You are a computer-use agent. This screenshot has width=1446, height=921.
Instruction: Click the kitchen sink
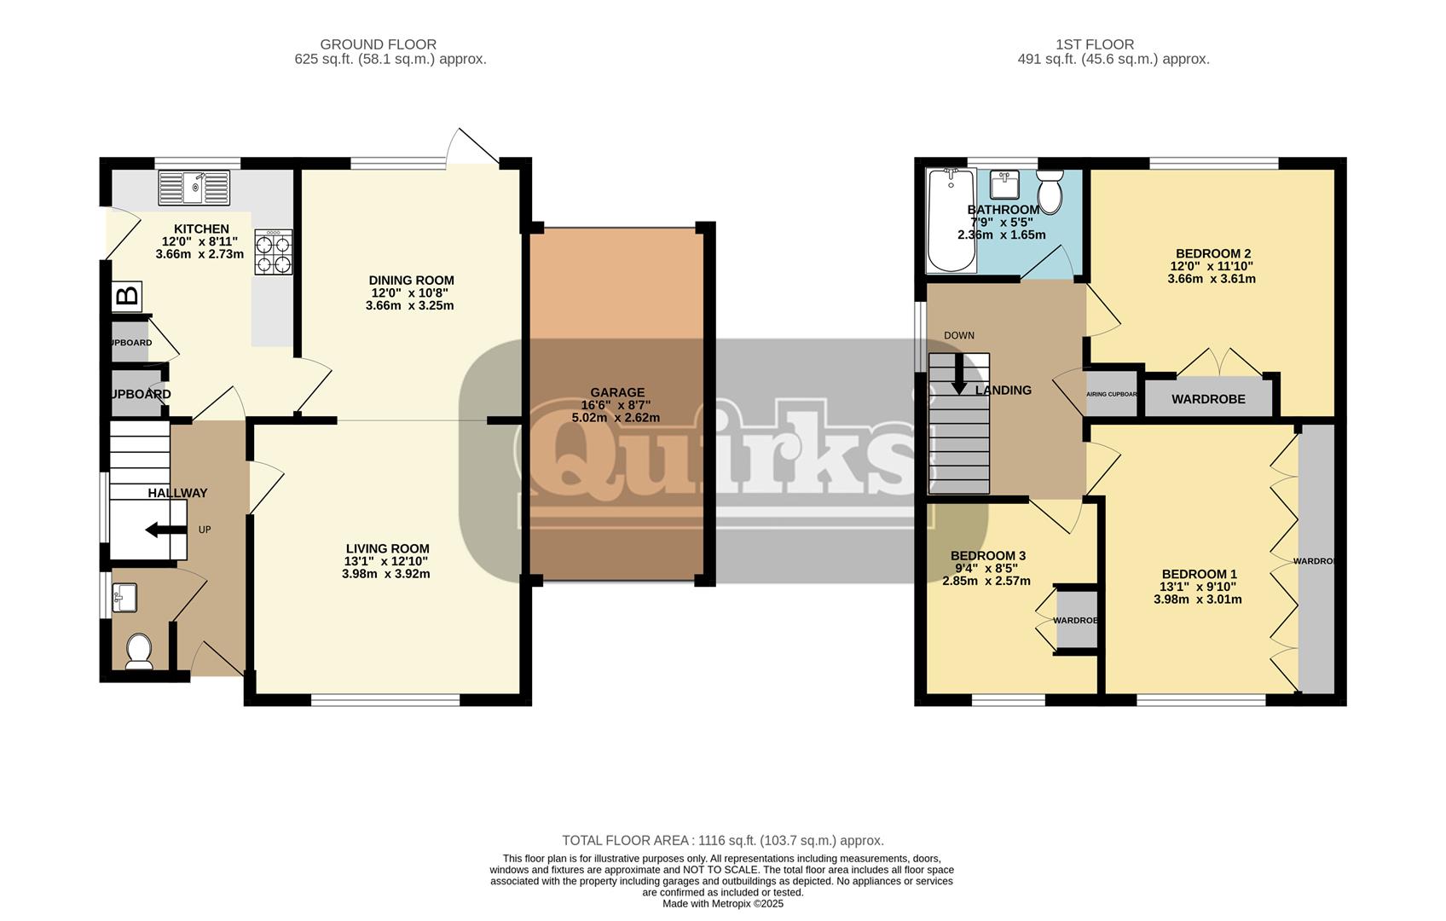(x=194, y=188)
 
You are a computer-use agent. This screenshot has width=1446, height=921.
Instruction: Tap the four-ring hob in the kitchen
(x=273, y=252)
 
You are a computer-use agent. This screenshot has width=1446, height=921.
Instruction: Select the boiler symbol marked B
(x=126, y=297)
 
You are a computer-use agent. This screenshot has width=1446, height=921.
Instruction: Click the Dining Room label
(x=411, y=281)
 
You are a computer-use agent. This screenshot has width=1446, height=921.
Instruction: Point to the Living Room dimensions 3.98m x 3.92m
(x=386, y=574)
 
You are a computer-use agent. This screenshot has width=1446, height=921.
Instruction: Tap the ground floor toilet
(x=138, y=652)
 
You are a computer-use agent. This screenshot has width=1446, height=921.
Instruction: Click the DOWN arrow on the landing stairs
(x=958, y=374)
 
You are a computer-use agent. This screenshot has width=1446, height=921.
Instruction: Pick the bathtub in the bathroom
(x=951, y=219)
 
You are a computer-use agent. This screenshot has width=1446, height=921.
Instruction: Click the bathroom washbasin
(x=1004, y=184)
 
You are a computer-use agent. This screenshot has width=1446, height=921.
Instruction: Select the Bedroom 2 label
(x=1212, y=253)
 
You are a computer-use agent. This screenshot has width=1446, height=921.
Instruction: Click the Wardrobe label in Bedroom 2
(x=1207, y=399)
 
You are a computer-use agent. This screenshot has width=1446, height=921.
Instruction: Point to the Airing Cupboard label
(x=1112, y=395)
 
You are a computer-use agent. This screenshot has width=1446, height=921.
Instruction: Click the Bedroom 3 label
(x=987, y=556)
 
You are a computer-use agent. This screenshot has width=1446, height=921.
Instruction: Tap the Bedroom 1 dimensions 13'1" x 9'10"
(x=1198, y=587)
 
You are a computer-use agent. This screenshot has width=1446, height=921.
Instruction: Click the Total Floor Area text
(x=722, y=841)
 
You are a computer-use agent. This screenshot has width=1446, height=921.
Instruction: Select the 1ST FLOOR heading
(x=1095, y=44)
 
